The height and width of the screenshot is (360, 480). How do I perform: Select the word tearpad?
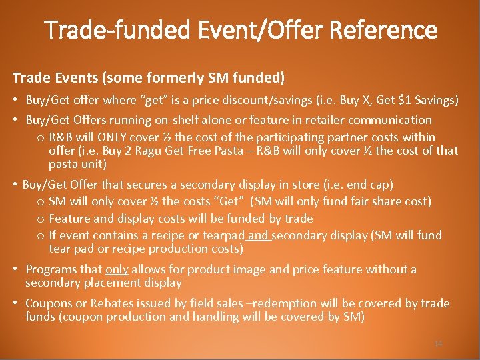(x=225, y=235)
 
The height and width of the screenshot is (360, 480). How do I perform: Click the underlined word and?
(x=260, y=235)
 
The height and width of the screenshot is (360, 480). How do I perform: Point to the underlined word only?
(x=117, y=269)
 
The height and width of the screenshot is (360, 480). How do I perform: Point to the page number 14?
(x=438, y=343)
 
